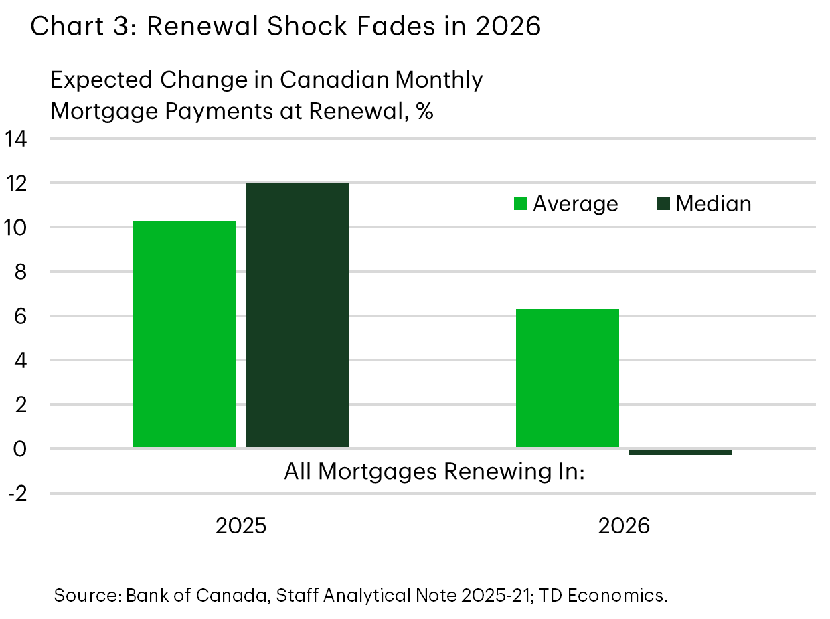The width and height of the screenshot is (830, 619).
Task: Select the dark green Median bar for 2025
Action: (x=298, y=315)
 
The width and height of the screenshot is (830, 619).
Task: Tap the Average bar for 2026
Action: (x=568, y=377)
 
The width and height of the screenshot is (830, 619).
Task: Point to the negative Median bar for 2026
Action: (x=681, y=452)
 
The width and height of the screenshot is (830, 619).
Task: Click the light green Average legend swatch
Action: (x=520, y=203)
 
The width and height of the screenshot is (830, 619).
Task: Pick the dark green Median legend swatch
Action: (x=663, y=203)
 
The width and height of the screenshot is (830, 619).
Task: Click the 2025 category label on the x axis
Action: (x=241, y=526)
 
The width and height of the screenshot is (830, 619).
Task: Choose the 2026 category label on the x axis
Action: (x=624, y=526)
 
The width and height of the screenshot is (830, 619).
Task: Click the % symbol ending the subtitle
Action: (x=424, y=111)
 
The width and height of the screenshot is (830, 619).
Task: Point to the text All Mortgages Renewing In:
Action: (x=434, y=472)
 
